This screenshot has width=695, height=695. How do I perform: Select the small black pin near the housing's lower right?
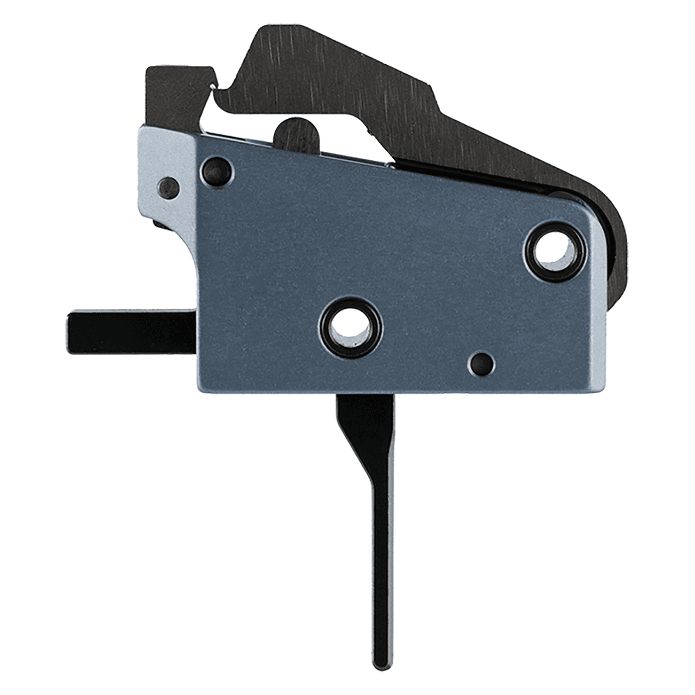click(481, 363)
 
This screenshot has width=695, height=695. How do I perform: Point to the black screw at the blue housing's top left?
click(218, 170)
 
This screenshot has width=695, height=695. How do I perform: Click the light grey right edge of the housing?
click(597, 301)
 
